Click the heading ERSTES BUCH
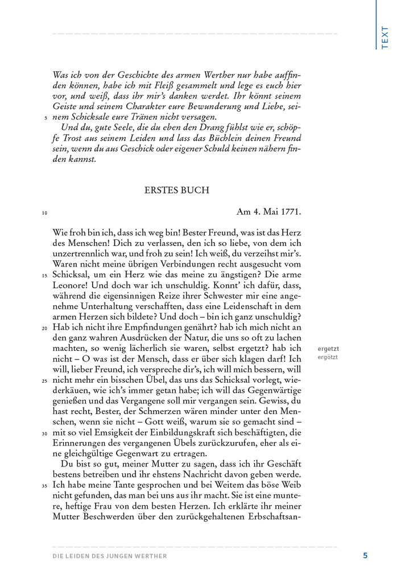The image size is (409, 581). tap(176, 190)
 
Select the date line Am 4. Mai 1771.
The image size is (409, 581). tap(268, 211)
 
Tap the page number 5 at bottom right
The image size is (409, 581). tap(365, 555)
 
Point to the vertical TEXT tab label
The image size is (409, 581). tap(385, 37)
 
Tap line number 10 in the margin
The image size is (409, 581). tap(44, 214)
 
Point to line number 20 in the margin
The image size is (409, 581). tap(44, 328)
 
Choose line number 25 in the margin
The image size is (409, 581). tap(44, 380)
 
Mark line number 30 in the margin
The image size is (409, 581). tap(44, 433)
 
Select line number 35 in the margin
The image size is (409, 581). tap(44, 485)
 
